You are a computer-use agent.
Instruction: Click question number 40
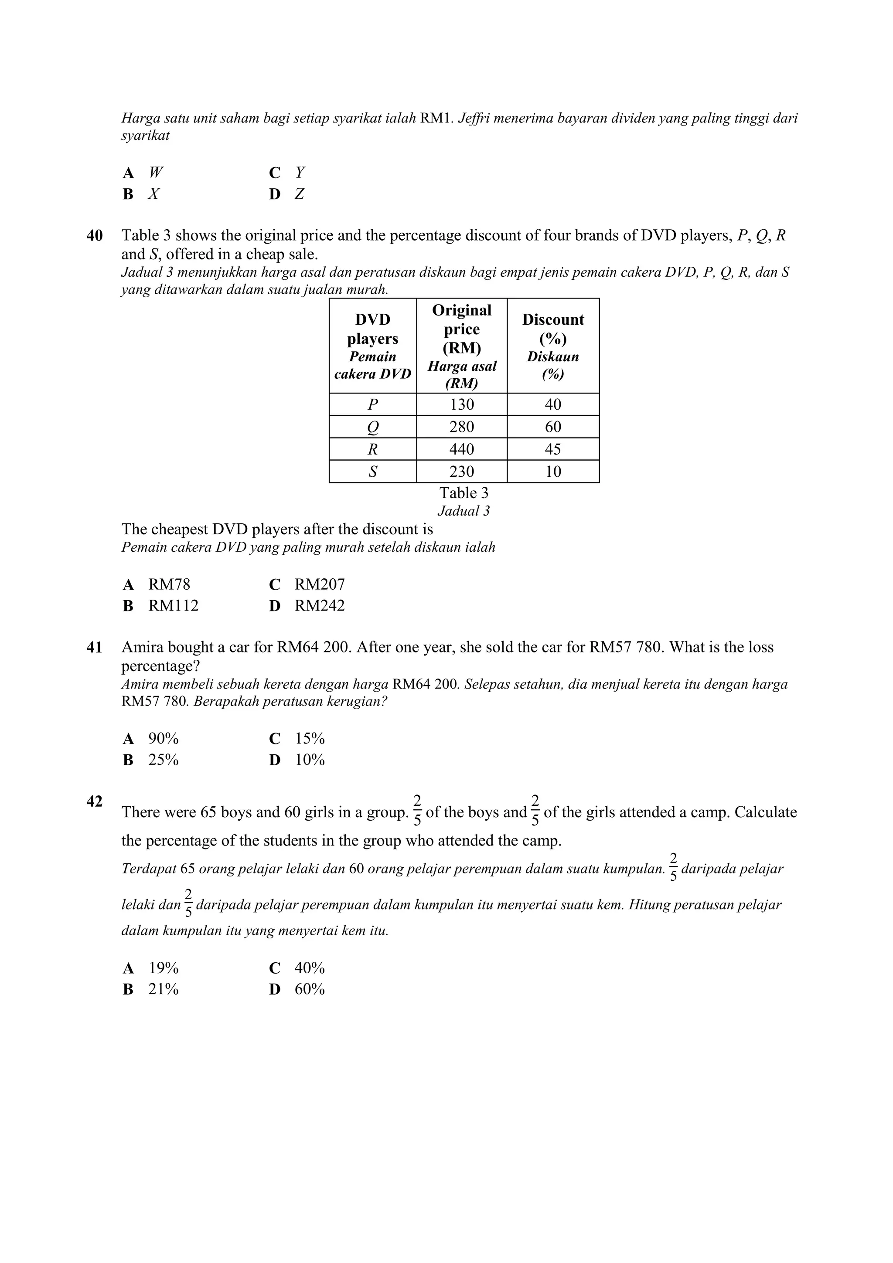pos(95,235)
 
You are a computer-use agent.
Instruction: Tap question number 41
pos(95,648)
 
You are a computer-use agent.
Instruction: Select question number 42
pos(95,801)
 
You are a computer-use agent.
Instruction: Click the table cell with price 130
pos(462,404)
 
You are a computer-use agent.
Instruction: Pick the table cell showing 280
pos(462,427)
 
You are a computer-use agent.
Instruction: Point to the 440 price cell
pos(462,449)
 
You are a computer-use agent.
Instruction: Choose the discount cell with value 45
pos(553,449)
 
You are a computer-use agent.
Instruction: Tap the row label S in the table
pos(372,472)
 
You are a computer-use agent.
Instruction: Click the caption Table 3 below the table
pos(464,493)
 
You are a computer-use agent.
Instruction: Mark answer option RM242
pos(319,606)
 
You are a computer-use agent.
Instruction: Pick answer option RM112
pos(173,606)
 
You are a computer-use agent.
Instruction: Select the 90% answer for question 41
pos(163,738)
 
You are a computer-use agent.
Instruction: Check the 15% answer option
pos(310,738)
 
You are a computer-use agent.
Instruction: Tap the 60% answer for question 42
pos(310,989)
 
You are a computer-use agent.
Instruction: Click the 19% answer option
pos(163,968)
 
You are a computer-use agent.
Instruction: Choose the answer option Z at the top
pos(299,194)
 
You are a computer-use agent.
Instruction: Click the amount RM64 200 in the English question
pos(314,648)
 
